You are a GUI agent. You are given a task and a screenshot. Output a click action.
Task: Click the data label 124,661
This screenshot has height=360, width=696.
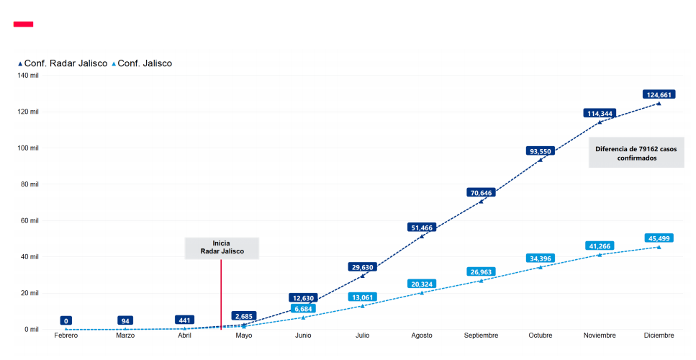click(x=659, y=94)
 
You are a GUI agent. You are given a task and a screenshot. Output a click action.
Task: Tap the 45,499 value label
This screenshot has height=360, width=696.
click(x=659, y=238)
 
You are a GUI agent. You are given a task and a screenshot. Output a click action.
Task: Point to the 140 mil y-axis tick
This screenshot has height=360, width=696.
click(x=28, y=76)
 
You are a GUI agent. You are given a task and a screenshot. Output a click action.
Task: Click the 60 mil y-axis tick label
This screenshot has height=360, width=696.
click(x=30, y=220)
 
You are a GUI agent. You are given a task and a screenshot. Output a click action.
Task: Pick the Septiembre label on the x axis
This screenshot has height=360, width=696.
click(x=481, y=336)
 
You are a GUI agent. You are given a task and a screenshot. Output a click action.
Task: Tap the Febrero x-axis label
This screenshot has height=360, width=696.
click(x=66, y=336)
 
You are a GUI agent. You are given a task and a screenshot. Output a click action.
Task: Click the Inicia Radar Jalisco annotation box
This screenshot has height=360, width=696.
click(x=221, y=247)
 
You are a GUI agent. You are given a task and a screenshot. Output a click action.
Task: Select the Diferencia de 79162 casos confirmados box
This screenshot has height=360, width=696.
click(x=636, y=153)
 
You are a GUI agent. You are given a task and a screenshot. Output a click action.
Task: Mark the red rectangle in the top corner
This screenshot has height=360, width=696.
click(x=24, y=24)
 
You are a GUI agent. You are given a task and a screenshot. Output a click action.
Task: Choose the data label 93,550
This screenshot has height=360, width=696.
click(x=541, y=150)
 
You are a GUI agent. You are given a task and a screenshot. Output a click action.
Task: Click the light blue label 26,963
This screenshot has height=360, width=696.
click(x=481, y=271)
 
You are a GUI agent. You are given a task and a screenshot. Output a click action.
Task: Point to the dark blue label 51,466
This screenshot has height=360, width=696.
click(x=422, y=228)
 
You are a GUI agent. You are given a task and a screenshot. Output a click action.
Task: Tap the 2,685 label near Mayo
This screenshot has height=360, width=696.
click(x=244, y=316)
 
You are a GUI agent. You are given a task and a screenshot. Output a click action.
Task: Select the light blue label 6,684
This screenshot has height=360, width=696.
click(x=303, y=308)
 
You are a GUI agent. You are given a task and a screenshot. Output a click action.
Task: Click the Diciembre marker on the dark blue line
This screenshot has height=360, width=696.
click(x=659, y=104)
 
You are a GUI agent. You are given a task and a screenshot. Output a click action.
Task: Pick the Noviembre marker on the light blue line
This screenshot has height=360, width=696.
click(x=600, y=255)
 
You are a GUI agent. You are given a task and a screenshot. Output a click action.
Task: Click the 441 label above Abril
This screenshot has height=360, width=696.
click(x=185, y=320)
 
